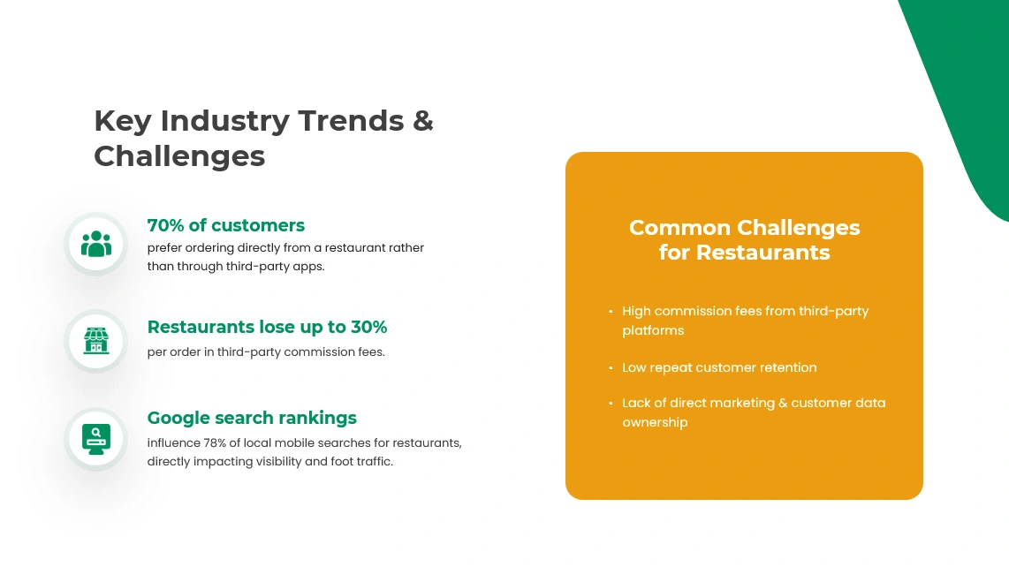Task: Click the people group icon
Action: point(96,244)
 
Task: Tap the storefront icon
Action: point(96,341)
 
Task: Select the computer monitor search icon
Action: point(96,438)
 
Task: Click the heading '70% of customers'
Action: point(225,225)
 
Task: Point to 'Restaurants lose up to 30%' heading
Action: point(267,327)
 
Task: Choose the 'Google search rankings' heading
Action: point(252,418)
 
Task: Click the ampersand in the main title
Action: point(423,120)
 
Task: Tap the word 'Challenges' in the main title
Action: point(179,155)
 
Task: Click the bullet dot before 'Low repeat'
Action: point(611,367)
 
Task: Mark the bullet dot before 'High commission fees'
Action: point(611,312)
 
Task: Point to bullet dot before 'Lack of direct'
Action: point(611,404)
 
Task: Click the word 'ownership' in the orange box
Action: point(655,422)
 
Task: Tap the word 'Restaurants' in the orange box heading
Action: point(762,253)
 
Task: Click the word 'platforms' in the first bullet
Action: point(653,330)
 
